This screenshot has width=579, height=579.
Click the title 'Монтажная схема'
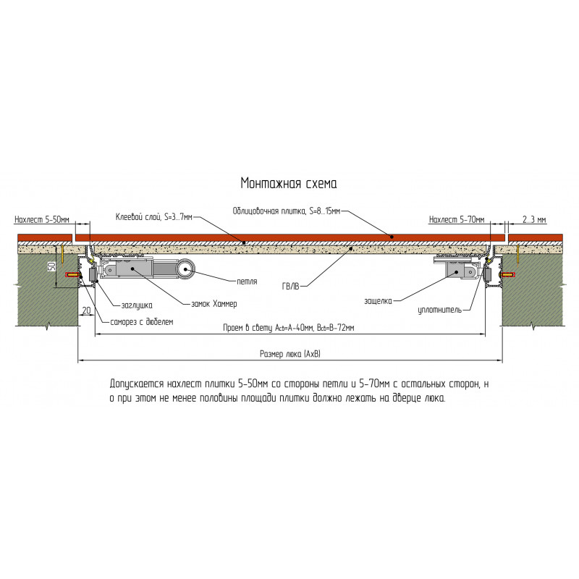(289, 183)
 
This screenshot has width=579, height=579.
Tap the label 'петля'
(247, 282)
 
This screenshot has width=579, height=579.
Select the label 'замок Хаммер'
(214, 304)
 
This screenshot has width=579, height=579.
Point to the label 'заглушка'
(137, 305)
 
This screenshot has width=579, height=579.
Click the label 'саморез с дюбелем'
(142, 322)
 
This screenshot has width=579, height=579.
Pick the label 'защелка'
(378, 301)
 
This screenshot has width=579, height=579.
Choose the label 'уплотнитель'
(440, 310)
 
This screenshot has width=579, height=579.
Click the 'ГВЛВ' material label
(291, 286)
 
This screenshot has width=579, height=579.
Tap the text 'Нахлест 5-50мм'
(42, 220)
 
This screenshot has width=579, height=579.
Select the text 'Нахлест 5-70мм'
(457, 220)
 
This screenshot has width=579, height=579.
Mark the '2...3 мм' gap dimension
(534, 220)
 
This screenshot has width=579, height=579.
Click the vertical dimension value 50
(52, 266)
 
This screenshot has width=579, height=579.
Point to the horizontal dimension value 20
(86, 310)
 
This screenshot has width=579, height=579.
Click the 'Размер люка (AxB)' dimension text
(290, 354)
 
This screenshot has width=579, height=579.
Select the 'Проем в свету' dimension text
(289, 328)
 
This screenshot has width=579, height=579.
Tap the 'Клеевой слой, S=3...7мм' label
(154, 217)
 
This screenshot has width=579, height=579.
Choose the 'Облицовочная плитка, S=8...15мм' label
(287, 211)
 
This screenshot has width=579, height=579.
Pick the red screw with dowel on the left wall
(74, 275)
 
